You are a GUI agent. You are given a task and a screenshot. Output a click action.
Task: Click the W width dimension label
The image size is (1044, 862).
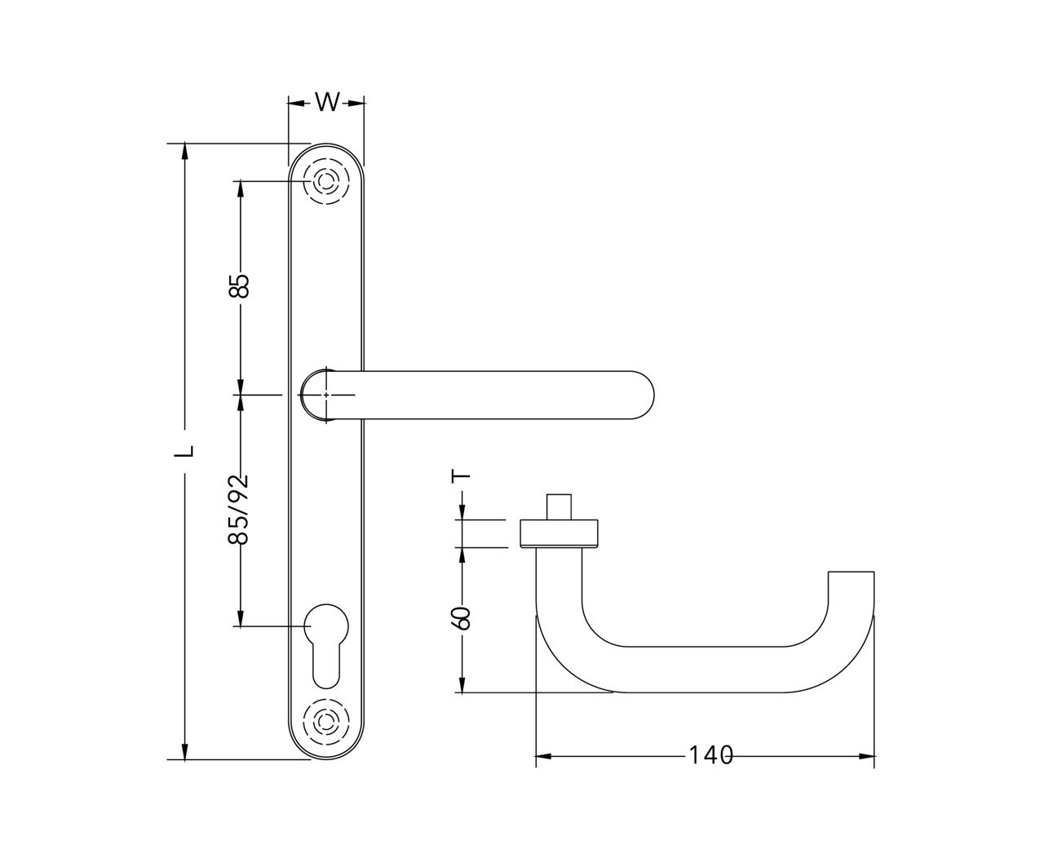coord(327,103)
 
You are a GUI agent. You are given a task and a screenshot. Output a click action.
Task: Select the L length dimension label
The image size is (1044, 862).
coord(184,450)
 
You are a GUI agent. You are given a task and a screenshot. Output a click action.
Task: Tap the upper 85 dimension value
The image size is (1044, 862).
coord(240,286)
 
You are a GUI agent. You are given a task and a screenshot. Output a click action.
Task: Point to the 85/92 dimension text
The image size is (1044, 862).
coord(238,509)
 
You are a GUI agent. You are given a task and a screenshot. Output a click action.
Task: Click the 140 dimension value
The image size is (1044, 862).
coord(710,755)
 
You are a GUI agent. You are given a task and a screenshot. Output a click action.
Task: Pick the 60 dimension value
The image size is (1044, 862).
coord(462,618)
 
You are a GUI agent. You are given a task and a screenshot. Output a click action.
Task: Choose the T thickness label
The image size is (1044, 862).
coord(461,475)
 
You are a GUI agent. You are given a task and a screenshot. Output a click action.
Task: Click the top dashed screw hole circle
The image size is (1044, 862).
coord(326,180)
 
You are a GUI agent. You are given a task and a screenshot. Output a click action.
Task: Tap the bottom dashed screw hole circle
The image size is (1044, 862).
coord(326,721)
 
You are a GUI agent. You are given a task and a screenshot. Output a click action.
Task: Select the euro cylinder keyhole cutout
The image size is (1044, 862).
coord(326,645)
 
